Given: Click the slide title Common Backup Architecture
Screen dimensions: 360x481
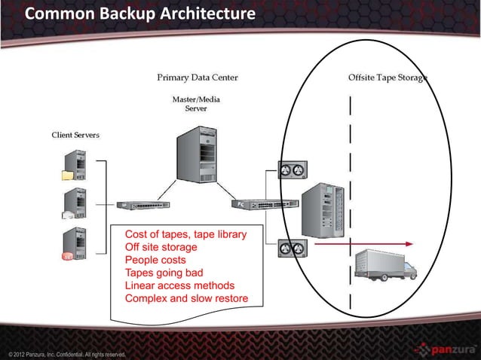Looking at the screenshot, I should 139,15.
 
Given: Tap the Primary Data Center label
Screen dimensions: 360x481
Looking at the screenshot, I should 197,78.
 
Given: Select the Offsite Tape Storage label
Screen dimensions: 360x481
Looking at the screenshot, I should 388,78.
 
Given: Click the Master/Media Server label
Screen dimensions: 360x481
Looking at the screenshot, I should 196,104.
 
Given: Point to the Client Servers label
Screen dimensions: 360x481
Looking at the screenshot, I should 75,135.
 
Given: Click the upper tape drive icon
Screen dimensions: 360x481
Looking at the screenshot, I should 292,170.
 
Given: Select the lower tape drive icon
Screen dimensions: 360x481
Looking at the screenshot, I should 292,246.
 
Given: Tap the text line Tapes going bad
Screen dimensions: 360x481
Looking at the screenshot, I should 164,273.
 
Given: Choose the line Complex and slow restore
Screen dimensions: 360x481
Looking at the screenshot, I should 185,298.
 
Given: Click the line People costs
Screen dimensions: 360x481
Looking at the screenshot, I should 155,260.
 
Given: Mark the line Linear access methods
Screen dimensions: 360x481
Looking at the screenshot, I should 179,285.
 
